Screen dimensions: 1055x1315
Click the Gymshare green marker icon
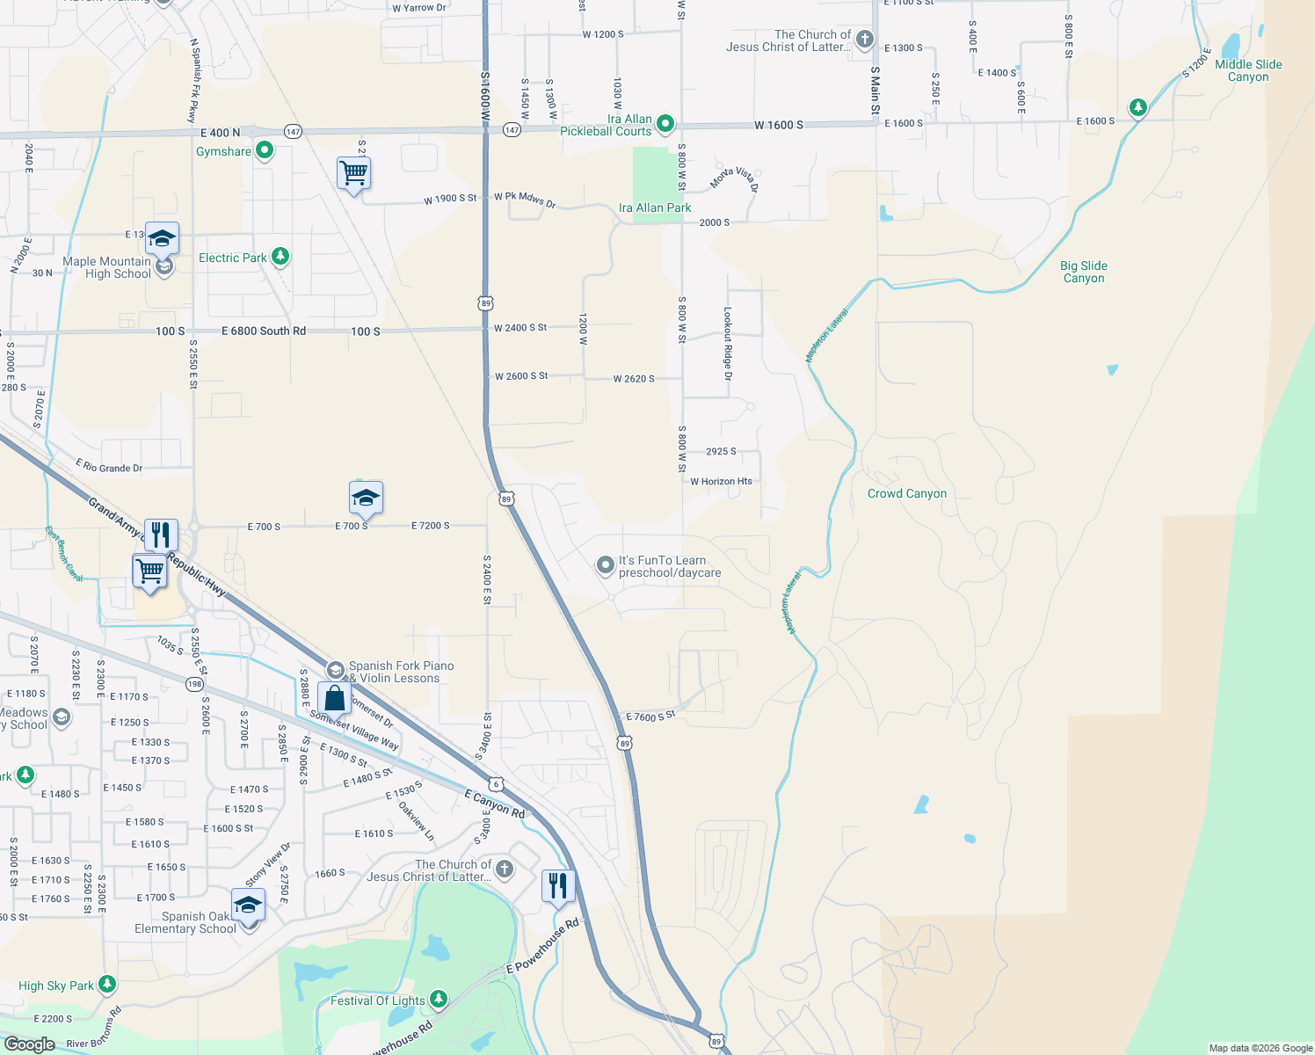(264, 151)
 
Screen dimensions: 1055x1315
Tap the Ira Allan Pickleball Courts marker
(665, 124)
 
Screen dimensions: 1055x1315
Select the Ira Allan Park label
(655, 208)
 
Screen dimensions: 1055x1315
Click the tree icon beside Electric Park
(280, 257)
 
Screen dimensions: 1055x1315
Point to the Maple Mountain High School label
(106, 267)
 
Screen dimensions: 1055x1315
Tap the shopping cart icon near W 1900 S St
(353, 173)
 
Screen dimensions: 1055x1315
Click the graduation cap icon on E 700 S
(366, 498)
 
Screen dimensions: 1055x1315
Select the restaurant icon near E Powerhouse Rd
(558, 885)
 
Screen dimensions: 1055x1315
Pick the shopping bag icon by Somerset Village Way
(334, 698)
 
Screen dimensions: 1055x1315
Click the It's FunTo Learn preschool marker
(605, 565)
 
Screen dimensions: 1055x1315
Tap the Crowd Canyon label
(907, 494)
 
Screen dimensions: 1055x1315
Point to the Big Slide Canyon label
(1083, 272)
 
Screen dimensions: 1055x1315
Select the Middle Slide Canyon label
(1248, 70)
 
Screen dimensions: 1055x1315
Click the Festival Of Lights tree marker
(438, 1000)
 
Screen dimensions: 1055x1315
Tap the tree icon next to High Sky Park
(107, 984)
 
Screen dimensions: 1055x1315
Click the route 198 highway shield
(194, 684)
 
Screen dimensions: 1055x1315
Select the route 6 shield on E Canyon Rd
(497, 783)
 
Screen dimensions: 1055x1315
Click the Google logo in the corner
(29, 1044)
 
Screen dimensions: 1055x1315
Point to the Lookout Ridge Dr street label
(727, 344)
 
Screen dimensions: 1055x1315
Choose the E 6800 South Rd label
(264, 331)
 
